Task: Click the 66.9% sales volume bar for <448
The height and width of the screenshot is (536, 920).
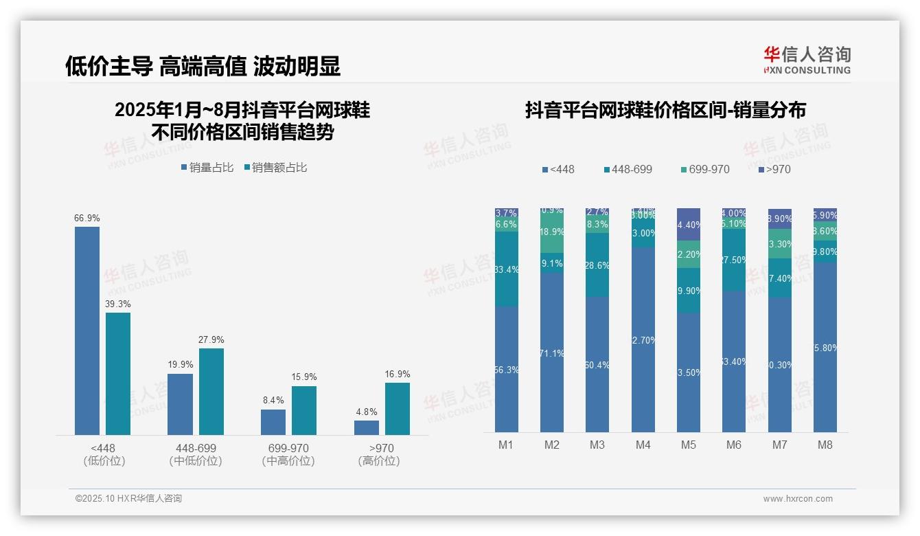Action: click(x=87, y=330)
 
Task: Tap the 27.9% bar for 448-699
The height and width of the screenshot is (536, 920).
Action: click(x=211, y=391)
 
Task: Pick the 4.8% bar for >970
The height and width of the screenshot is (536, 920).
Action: click(x=367, y=427)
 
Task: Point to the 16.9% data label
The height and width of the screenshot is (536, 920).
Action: click(x=397, y=375)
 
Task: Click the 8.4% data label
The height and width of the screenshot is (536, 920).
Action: click(x=273, y=401)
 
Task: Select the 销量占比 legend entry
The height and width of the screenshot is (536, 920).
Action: click(x=207, y=168)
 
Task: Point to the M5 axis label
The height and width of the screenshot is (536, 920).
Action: click(x=689, y=445)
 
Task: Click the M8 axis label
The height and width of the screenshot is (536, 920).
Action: click(x=825, y=445)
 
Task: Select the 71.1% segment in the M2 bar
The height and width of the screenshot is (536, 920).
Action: click(x=552, y=353)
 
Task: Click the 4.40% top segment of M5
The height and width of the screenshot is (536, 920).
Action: click(x=689, y=224)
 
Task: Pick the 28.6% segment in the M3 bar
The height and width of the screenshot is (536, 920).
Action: click(x=597, y=265)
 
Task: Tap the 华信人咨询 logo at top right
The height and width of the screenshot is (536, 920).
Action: click(x=807, y=60)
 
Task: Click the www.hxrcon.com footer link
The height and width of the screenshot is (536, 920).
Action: click(x=798, y=499)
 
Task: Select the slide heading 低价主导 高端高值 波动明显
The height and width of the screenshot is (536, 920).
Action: click(x=203, y=66)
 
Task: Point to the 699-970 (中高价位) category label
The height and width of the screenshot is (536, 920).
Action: click(x=288, y=455)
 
